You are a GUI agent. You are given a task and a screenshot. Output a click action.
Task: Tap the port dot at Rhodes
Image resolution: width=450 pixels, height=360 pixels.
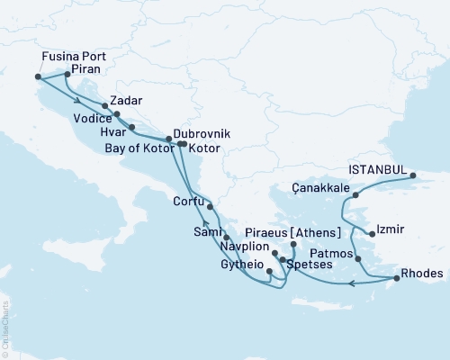tap(394, 279)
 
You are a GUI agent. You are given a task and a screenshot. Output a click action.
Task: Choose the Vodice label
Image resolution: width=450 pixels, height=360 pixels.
tap(93, 118)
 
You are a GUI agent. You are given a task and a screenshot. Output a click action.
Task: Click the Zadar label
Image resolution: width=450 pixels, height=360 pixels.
tap(126, 100)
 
